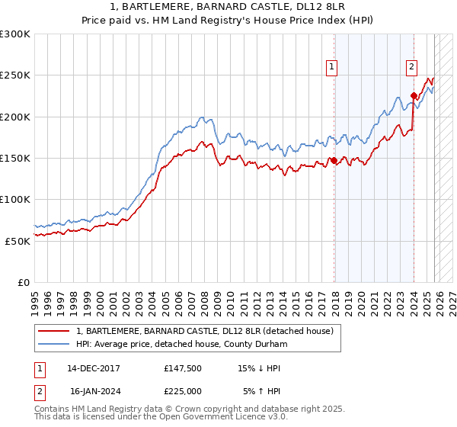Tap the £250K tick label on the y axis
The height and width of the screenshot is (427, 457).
coord(15,75)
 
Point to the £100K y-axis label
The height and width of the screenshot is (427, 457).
coord(15,199)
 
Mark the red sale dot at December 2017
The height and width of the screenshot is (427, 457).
coord(334,160)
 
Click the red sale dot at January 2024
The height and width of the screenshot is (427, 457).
coord(414,96)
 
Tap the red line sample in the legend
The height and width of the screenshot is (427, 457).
coord(53,332)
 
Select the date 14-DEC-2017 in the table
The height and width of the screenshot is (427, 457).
coord(93,368)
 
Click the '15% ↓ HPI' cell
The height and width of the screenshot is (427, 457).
coord(260,368)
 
